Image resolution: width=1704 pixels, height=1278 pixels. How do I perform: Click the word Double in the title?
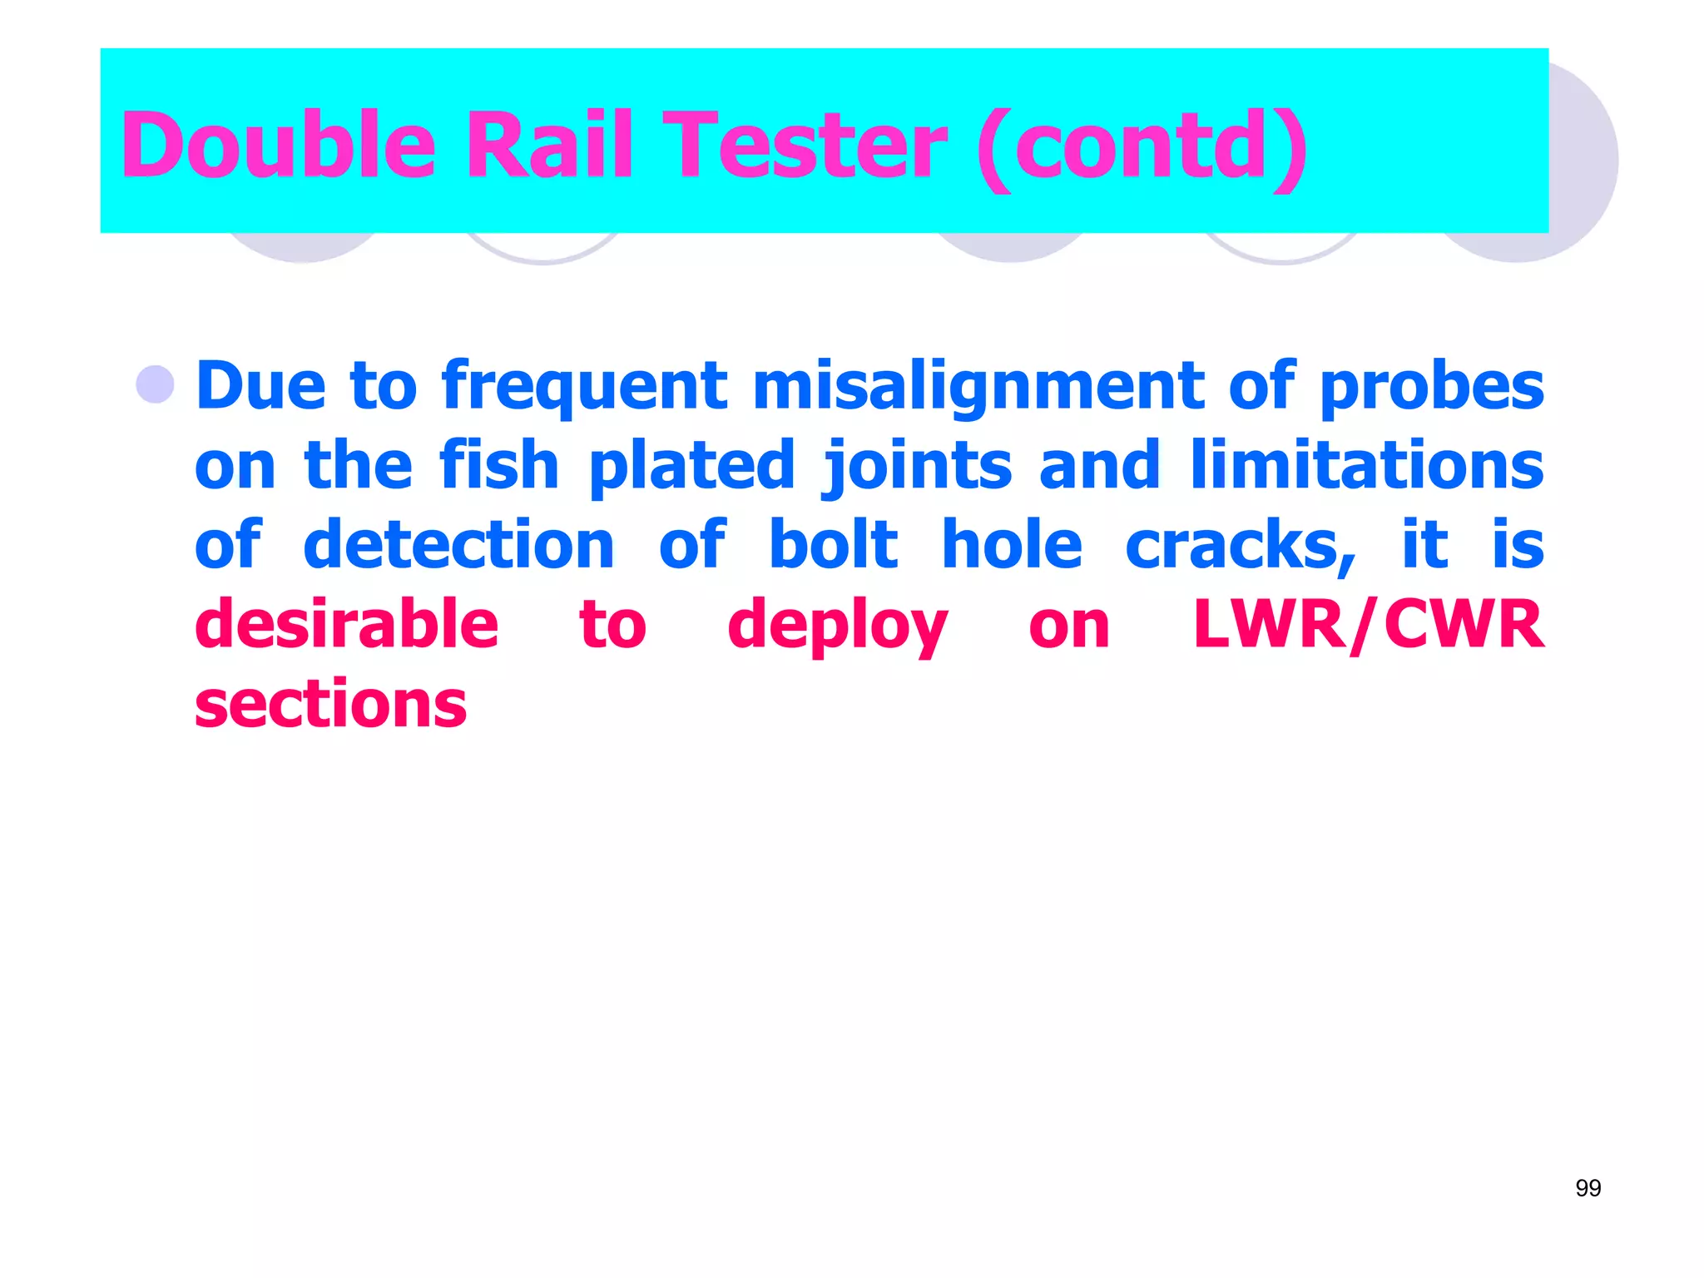pyautogui.click(x=278, y=146)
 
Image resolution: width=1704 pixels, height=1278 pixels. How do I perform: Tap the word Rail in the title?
pyautogui.click(x=549, y=146)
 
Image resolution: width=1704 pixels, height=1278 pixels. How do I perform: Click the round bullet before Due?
pyautogui.click(x=156, y=385)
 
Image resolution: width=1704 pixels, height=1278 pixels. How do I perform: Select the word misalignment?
pyautogui.click(x=978, y=387)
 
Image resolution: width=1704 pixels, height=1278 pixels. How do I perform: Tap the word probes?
pyautogui.click(x=1431, y=387)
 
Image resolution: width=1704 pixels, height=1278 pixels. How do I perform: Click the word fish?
pyautogui.click(x=498, y=465)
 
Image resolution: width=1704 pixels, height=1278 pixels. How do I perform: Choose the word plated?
pyautogui.click(x=691, y=467)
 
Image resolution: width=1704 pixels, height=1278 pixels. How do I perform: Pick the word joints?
pyautogui.click(x=916, y=467)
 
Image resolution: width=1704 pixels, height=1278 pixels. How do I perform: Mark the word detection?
pyautogui.click(x=458, y=545)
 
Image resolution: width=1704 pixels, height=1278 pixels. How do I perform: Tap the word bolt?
pyautogui.click(x=833, y=545)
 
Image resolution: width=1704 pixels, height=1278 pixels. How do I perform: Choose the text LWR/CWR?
pyautogui.click(x=1368, y=624)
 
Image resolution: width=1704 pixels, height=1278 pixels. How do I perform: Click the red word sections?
pyautogui.click(x=331, y=704)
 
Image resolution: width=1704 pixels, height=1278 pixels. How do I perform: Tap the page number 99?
pyautogui.click(x=1588, y=1188)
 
